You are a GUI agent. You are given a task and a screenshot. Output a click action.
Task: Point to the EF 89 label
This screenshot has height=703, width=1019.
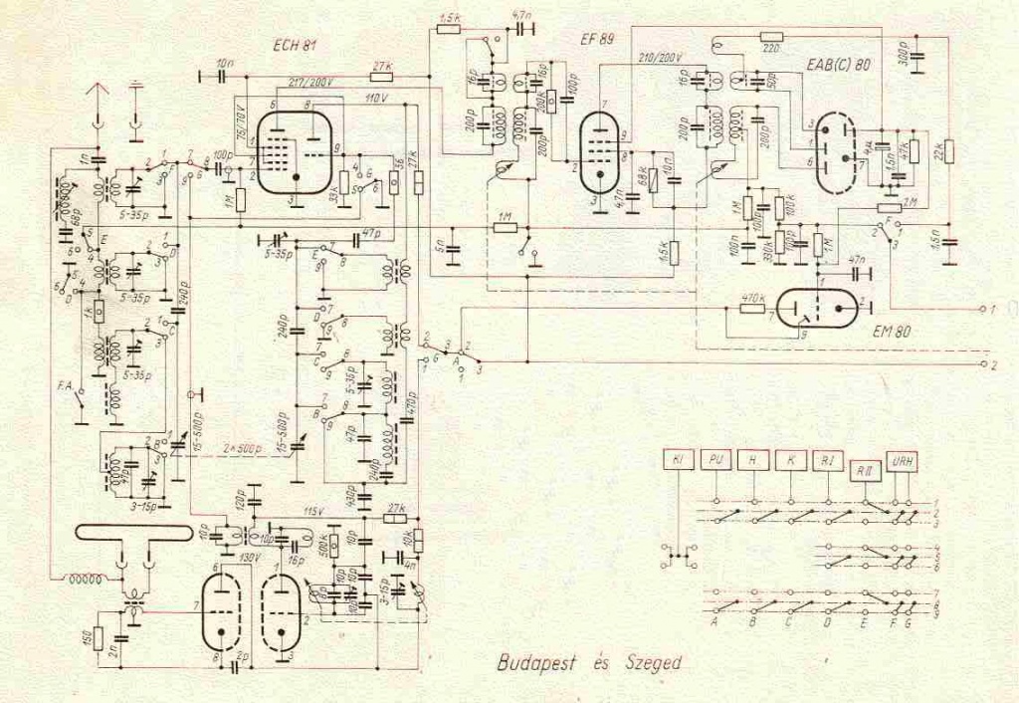[x=598, y=39]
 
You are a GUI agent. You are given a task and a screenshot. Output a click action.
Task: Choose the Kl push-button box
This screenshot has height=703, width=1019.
[x=677, y=459]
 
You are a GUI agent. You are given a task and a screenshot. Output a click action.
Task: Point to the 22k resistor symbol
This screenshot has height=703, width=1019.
[x=949, y=151]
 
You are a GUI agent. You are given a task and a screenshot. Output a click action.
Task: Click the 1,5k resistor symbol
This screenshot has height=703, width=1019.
[x=448, y=29]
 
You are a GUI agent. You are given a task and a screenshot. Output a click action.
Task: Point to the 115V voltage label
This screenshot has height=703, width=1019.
[x=314, y=511]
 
